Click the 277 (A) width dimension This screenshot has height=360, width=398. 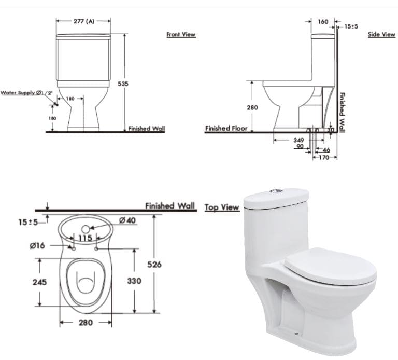83,21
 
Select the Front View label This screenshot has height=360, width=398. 181,35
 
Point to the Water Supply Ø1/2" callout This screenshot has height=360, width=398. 26,93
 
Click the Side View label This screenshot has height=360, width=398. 381,35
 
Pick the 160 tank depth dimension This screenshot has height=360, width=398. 323,22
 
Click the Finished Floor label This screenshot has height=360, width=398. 226,128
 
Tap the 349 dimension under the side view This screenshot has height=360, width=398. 298,140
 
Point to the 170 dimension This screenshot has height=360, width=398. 324,157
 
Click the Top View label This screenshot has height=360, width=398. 222,207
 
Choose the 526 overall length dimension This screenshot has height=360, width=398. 168,265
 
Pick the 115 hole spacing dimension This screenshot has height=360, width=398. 86,238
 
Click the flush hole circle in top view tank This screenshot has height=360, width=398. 86,228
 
